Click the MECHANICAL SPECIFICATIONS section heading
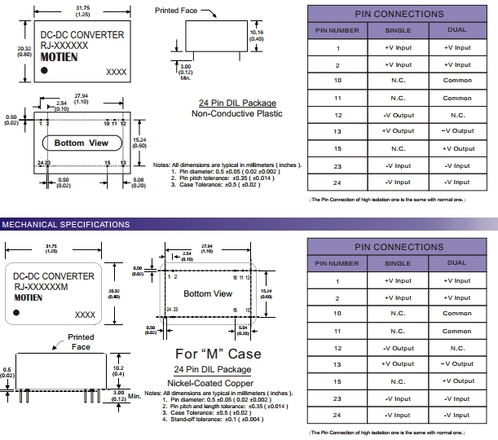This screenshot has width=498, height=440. coord(65,224)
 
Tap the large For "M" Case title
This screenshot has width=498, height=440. coord(218,354)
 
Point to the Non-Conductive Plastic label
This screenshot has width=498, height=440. coord(236,113)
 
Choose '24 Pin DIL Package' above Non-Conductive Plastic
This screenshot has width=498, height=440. coord(236,103)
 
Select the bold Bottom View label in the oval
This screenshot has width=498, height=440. coord(81,143)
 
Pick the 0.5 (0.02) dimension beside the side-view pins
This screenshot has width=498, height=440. coord(7,373)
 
